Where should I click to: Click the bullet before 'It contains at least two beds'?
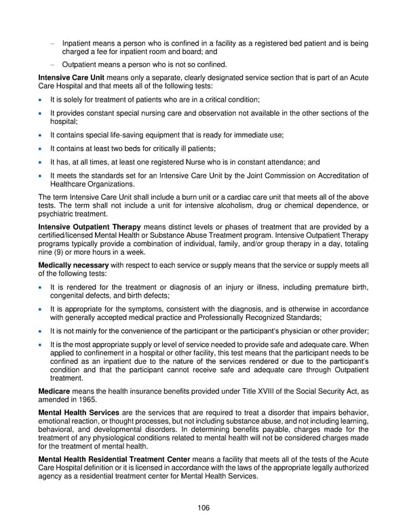42,148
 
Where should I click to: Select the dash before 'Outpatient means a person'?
52,65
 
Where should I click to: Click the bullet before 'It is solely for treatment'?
42,100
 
